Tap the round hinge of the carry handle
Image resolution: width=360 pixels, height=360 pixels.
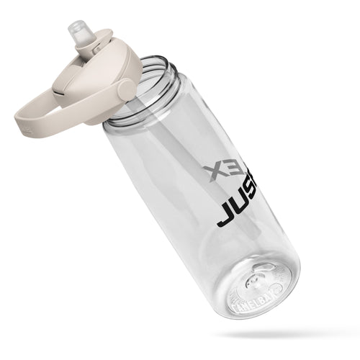pyautogui.click(x=127, y=90)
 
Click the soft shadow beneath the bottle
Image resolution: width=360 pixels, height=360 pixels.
pyautogui.click(x=288, y=335)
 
